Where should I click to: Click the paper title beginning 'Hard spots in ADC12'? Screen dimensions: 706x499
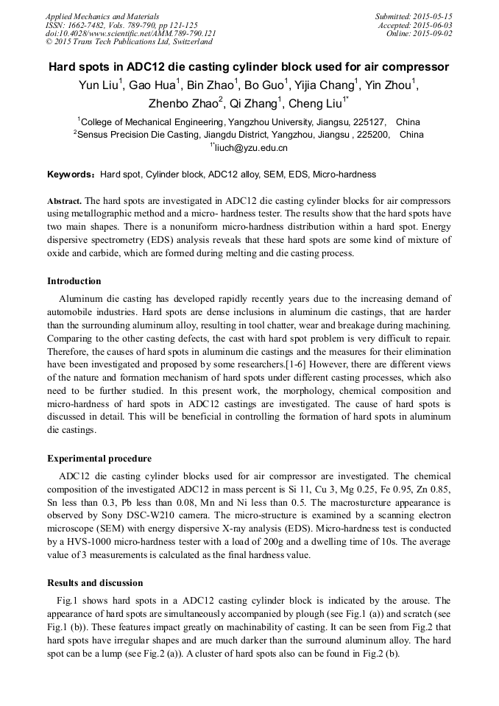(x=249, y=67)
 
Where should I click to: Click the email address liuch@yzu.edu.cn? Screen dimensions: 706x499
(x=251, y=148)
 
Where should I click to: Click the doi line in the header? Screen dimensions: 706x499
(x=130, y=33)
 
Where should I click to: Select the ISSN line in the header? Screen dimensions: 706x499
(x=121, y=25)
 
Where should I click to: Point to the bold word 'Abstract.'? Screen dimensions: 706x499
(x=65, y=201)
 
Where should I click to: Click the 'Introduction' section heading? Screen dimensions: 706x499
(x=74, y=281)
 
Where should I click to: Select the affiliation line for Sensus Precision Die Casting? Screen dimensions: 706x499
(x=249, y=135)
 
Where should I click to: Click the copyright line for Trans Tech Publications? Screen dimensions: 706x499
(x=129, y=42)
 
